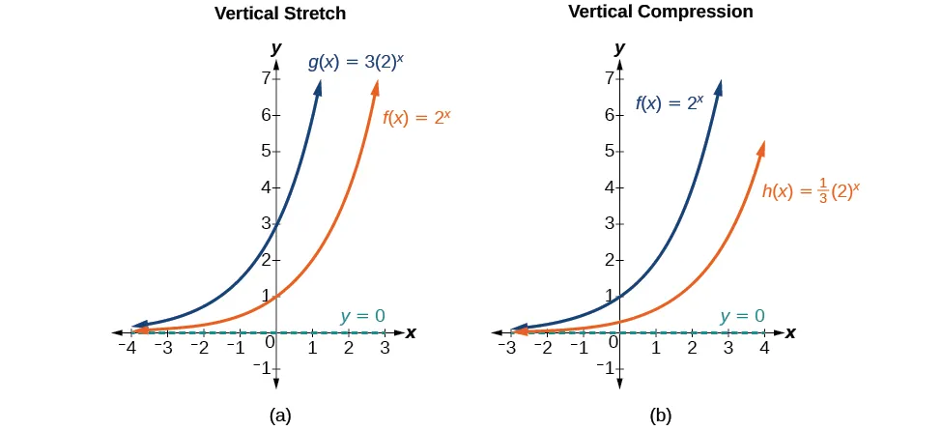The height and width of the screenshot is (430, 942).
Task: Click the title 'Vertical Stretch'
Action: pos(279,14)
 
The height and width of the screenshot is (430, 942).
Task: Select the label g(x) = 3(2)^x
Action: pos(357,63)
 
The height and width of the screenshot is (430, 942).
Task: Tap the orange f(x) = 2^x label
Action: pos(418,120)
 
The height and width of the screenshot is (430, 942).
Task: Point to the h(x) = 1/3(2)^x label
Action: pos(811,190)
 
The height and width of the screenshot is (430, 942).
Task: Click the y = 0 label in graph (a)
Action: pos(362,315)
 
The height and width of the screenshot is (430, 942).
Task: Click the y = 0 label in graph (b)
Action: pos(742,315)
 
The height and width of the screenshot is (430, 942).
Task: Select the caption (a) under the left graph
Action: pos(279,416)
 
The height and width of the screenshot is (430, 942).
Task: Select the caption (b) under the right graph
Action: pos(660,416)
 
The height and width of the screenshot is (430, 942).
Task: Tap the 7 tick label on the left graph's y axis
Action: pos(265,78)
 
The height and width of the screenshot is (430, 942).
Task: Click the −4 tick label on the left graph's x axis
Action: pos(127,348)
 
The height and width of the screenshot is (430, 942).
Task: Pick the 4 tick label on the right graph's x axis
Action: pos(764,348)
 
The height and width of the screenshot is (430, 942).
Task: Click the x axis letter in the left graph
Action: pos(411,332)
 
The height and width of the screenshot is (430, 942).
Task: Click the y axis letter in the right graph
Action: pos(619,47)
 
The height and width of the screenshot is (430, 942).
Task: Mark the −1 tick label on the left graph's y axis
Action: pos(260,368)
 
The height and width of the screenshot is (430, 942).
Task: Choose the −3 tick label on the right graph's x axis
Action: pos(507,348)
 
